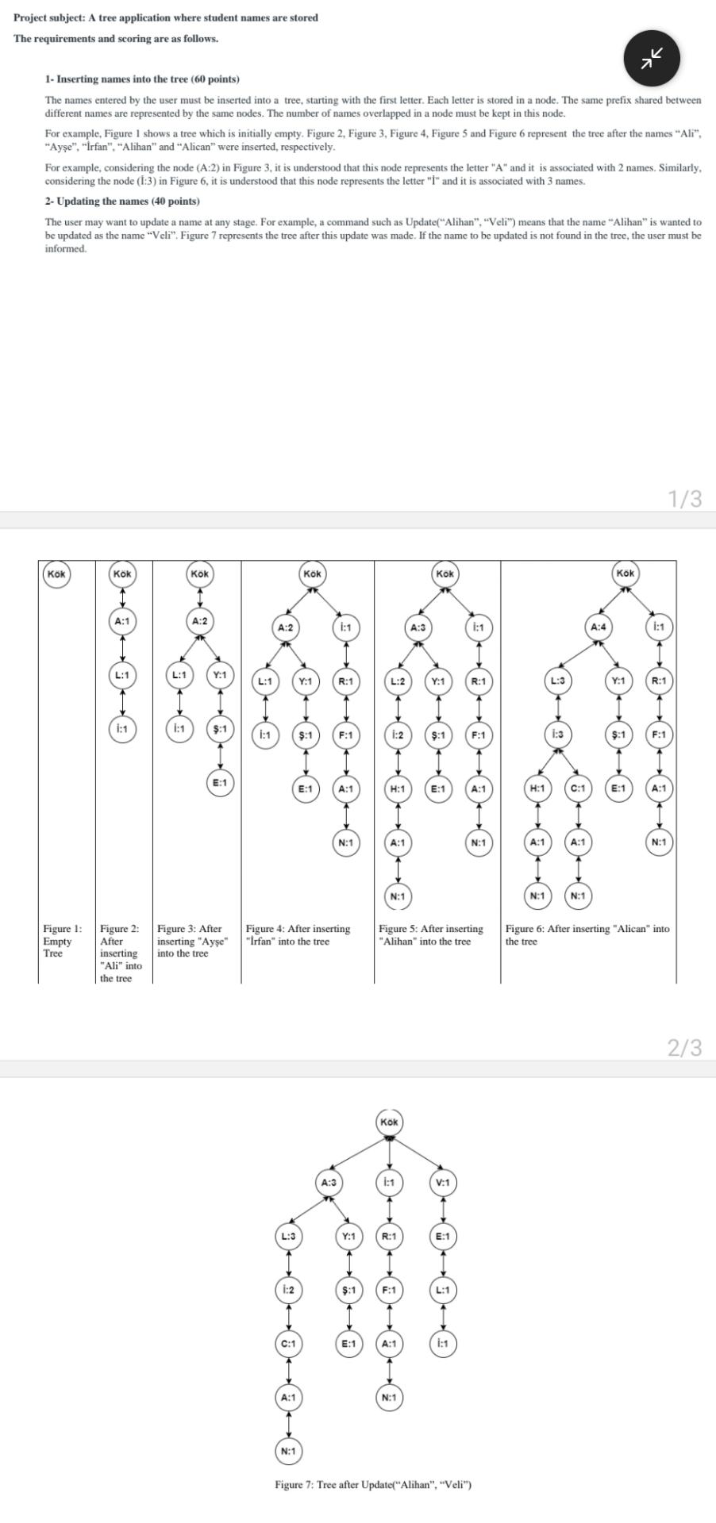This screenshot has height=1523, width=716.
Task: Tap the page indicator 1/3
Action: pos(684,498)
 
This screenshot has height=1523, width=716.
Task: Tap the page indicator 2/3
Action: pos(684,1048)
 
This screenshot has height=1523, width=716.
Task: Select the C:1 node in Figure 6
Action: pos(578,788)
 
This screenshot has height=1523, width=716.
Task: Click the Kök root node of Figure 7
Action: pos(389,1122)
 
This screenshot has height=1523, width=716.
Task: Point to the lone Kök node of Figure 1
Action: pos(56,574)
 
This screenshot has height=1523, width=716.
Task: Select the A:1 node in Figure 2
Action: pos(122,621)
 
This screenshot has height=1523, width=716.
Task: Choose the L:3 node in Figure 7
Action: pos(288,1237)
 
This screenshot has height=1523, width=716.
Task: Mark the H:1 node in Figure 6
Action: pos(537,788)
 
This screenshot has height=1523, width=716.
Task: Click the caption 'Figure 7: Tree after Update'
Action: pos(373,1485)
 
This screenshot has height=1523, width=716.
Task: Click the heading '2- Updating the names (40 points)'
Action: pos(122,201)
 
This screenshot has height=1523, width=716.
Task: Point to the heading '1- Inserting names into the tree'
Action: pos(142,79)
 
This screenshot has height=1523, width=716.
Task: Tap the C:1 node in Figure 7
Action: pos(288,1344)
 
